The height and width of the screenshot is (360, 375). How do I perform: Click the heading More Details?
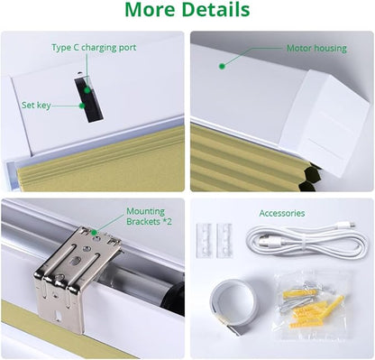point(187,9)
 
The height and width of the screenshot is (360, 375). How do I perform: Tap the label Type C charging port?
point(94,48)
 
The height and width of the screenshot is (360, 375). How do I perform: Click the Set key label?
point(36,106)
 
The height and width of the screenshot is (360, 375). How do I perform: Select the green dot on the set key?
point(82,106)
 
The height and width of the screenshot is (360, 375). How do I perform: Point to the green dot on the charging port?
point(87,90)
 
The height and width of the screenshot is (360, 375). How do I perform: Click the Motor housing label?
point(316,48)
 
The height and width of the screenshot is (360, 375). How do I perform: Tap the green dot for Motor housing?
point(222,67)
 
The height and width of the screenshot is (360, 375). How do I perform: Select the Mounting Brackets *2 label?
point(149,217)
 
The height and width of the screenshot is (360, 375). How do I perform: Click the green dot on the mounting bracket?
point(94,233)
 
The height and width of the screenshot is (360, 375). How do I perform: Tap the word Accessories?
point(282,213)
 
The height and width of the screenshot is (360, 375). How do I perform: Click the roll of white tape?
point(234,305)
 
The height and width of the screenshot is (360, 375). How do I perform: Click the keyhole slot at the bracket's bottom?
point(58,317)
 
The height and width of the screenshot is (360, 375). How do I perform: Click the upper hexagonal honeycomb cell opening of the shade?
point(310,173)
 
